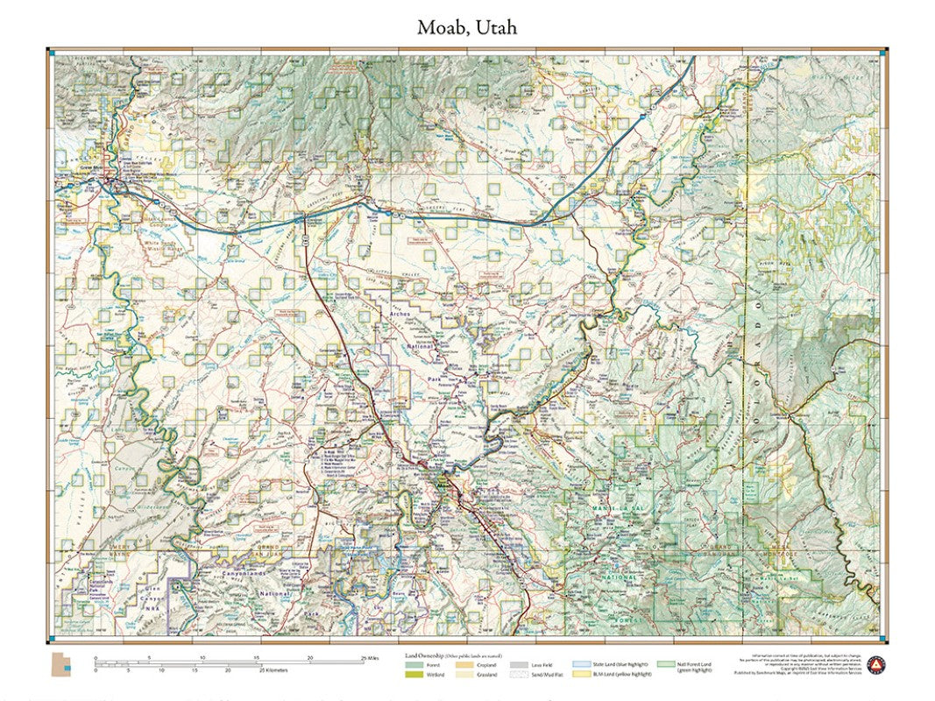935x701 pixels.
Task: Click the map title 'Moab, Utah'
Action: click(466, 27)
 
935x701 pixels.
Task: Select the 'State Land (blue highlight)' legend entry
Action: click(582, 666)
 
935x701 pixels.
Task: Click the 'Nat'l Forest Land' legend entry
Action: click(664, 666)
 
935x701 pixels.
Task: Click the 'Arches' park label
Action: click(400, 314)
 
